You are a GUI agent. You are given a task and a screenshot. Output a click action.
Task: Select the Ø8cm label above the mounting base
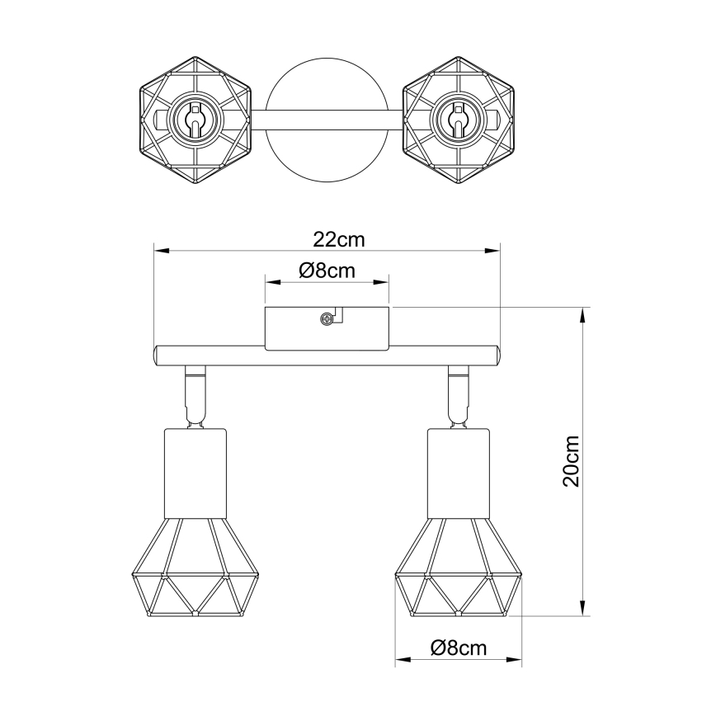(x=327, y=270)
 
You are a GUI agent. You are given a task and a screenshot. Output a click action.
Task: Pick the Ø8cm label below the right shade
(x=459, y=648)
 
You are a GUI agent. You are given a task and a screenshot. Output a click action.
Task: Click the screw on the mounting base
(x=328, y=318)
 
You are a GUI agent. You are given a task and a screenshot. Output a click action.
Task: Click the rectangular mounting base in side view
(x=327, y=327)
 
